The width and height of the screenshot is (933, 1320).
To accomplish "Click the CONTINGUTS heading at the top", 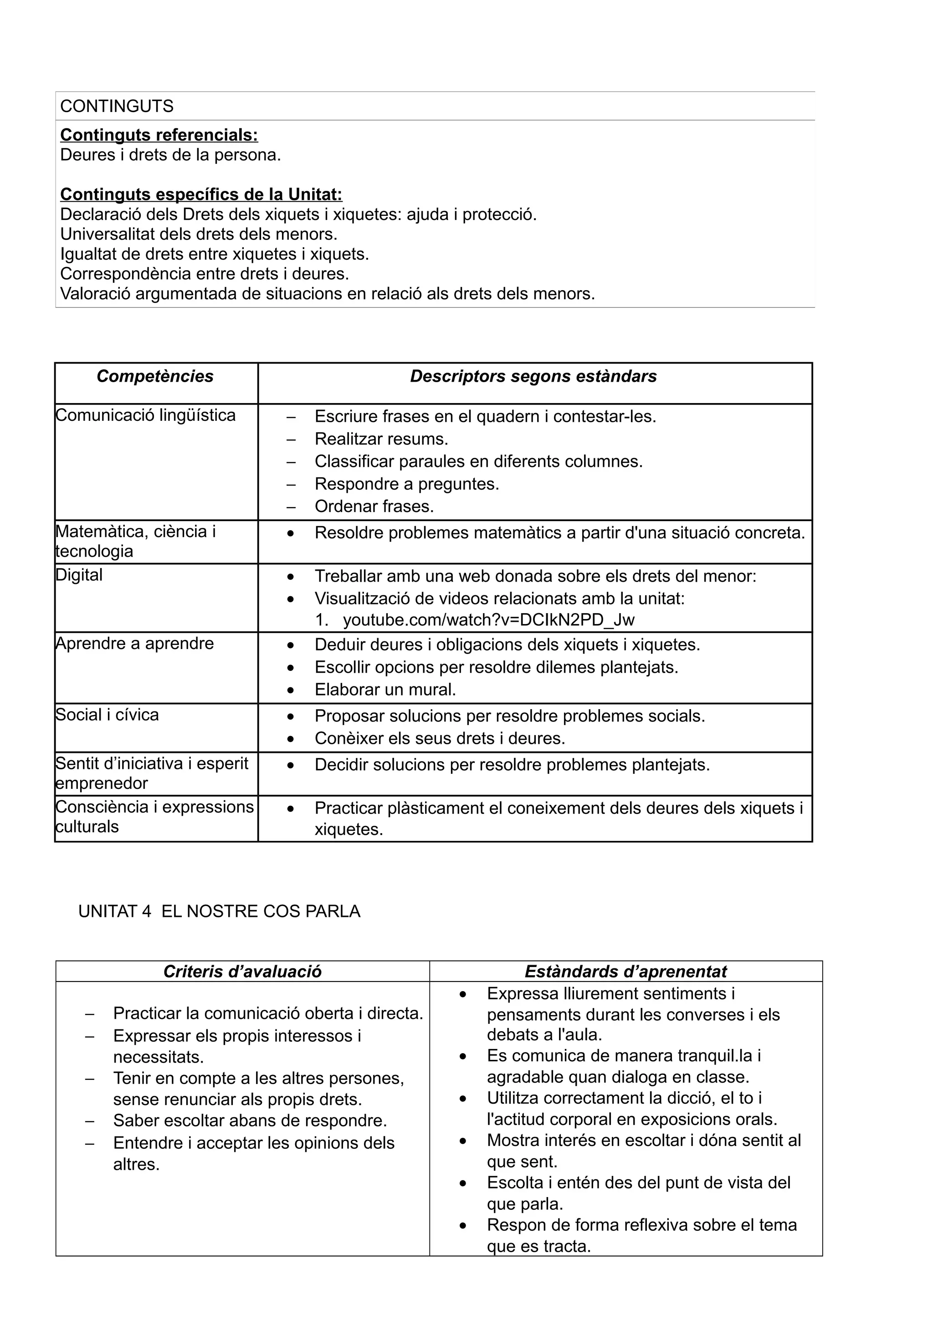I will tap(117, 107).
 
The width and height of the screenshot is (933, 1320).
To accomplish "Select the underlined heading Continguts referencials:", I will tap(159, 135).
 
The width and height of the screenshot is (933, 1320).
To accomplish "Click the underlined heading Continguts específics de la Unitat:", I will tap(201, 194).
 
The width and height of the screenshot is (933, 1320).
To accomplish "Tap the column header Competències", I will tap(155, 377).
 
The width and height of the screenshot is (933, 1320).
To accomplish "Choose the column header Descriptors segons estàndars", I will tap(533, 377).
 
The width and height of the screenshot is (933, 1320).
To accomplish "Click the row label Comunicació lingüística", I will tap(145, 415).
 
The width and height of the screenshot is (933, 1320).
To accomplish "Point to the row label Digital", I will tap(79, 575).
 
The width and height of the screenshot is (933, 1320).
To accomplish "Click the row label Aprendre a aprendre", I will tap(134, 643).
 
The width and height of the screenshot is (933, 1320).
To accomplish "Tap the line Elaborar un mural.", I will tap(385, 689).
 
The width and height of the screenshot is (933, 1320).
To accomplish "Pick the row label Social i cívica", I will tap(107, 715).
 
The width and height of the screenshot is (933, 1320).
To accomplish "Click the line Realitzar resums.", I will tap(381, 439).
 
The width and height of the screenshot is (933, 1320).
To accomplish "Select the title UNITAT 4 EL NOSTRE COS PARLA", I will tap(219, 912).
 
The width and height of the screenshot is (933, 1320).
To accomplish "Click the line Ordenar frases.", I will tap(374, 507).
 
